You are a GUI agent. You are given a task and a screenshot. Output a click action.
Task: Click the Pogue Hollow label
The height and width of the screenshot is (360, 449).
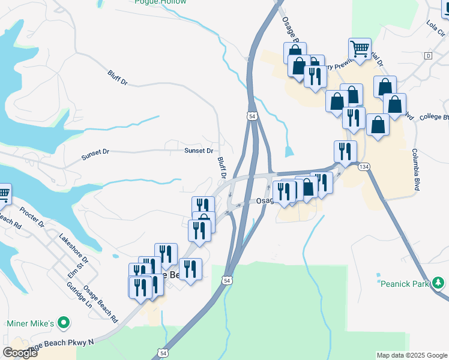click(160, 2)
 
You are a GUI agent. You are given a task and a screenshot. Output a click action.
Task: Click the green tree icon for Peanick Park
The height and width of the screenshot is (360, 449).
click(438, 281)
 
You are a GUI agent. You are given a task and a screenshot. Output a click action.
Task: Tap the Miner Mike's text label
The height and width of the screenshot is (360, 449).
click(31, 323)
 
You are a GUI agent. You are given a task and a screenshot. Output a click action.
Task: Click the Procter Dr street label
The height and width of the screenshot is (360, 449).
click(32, 217)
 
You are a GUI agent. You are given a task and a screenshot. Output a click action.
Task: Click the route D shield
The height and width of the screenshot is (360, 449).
click(428, 55)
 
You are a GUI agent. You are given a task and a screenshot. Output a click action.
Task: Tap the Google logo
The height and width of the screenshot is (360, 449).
click(20, 353)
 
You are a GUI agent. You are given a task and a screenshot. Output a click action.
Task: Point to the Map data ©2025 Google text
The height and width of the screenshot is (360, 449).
click(411, 355)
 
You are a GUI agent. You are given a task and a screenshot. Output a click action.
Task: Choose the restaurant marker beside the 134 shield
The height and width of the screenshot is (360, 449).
click(345, 152)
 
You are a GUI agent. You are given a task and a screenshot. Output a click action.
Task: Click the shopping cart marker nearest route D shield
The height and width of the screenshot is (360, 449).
click(360, 49)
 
